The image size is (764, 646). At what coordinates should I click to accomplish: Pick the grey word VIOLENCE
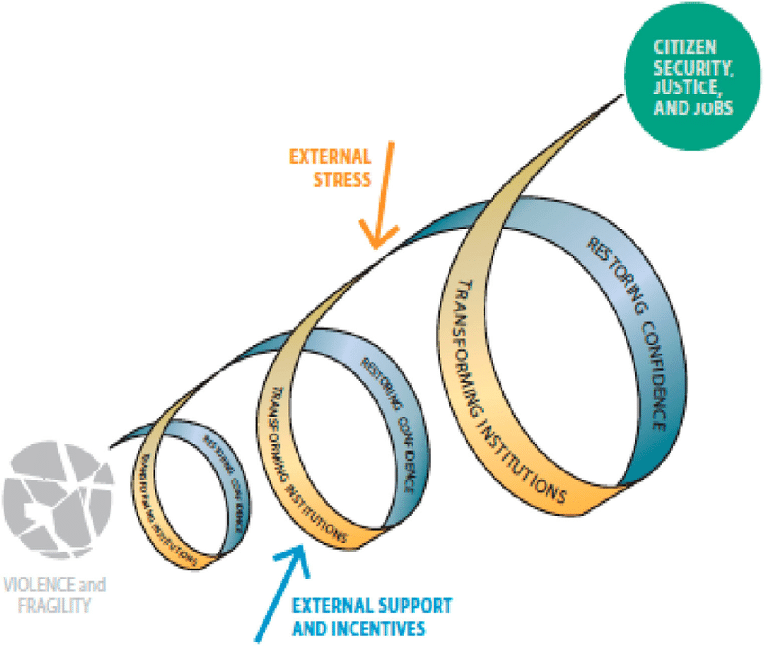pos(36,586)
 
